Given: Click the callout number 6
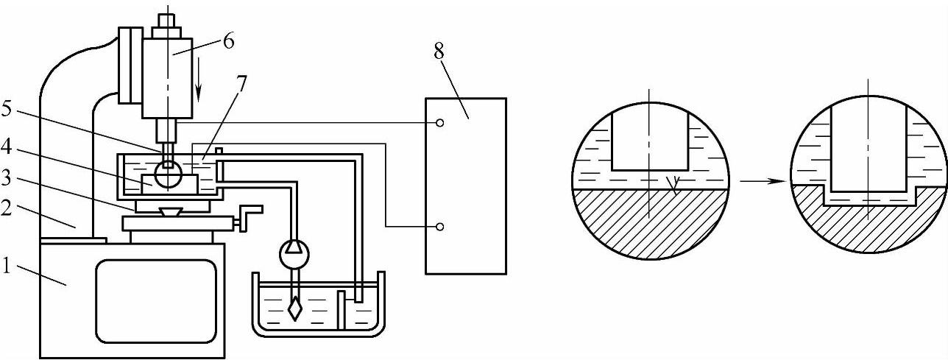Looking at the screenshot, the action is [x=229, y=42].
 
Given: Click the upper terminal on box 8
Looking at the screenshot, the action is [x=439, y=124].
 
